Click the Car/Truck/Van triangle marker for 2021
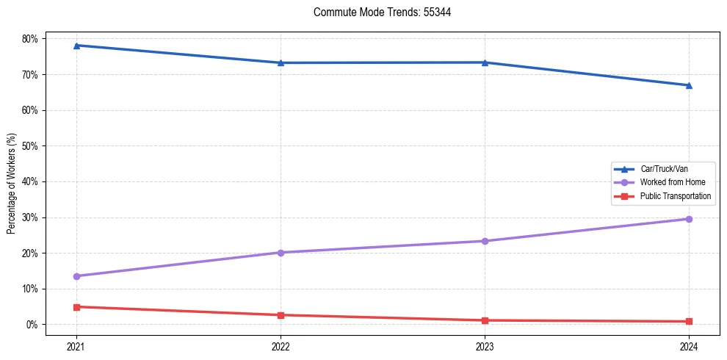pos(76,46)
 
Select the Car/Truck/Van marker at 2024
pos(689,85)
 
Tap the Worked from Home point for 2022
pos(281,253)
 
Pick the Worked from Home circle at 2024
pos(689,219)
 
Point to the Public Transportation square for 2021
pos(76,307)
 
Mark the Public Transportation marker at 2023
pos(485,320)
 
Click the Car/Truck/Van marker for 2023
pos(485,62)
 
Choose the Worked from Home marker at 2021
pos(76,276)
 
